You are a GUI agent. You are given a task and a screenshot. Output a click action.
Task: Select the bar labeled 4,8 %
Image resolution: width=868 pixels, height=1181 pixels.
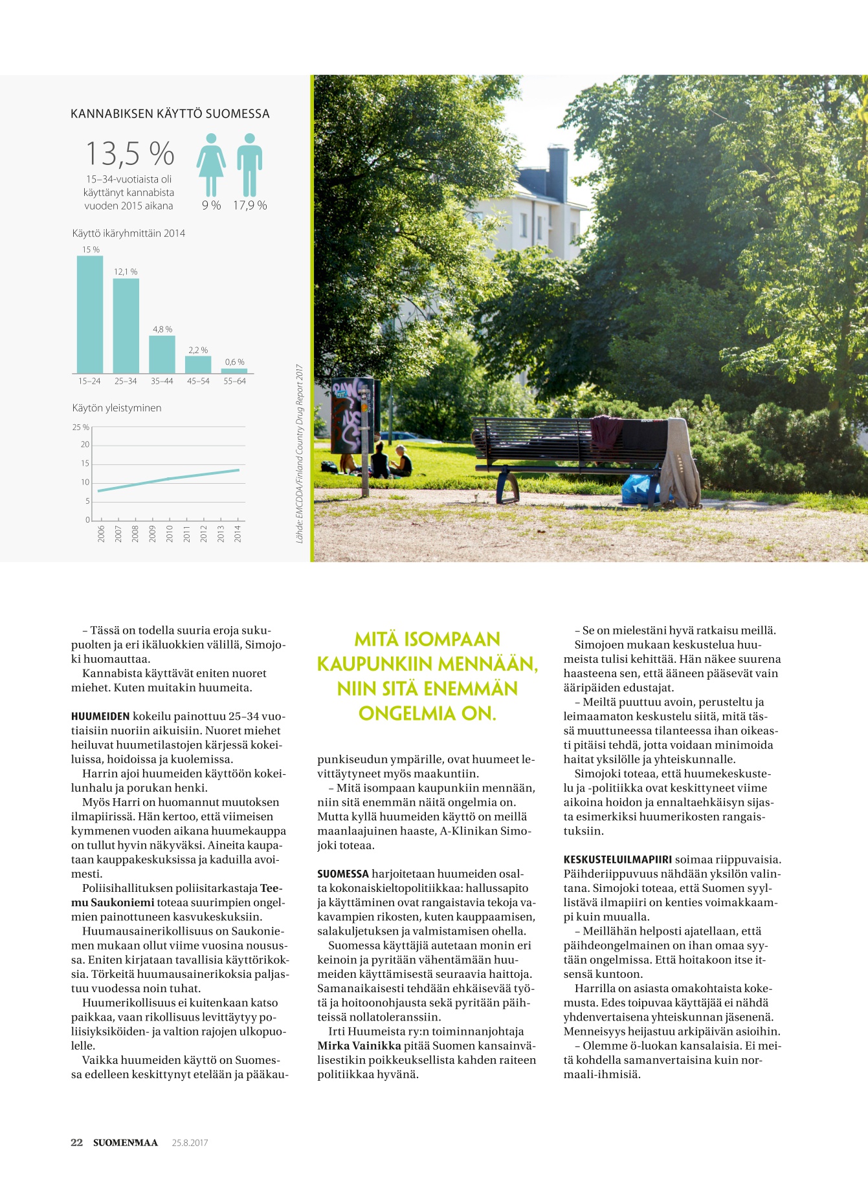click(x=162, y=354)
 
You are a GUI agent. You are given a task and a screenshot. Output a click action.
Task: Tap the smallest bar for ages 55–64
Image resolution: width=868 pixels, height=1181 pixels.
click(x=234, y=371)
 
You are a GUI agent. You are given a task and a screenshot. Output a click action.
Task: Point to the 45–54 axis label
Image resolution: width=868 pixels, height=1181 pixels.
click(x=198, y=382)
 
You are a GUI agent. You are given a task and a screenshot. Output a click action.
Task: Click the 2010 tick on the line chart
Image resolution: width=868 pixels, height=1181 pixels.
click(x=170, y=534)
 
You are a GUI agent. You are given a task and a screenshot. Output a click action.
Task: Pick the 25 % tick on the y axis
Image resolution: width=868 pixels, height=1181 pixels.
click(x=81, y=428)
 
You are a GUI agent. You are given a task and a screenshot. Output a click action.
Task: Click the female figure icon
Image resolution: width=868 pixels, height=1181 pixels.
click(x=211, y=164)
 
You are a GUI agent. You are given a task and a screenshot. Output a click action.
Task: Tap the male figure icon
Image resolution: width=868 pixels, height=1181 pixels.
click(x=249, y=164)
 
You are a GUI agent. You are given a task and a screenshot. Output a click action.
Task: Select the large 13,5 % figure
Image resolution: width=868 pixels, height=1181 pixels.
click(x=129, y=154)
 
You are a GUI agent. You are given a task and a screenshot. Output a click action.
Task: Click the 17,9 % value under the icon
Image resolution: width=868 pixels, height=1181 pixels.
click(x=250, y=206)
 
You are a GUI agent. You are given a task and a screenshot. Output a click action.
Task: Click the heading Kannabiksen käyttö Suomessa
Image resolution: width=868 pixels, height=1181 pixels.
click(x=170, y=114)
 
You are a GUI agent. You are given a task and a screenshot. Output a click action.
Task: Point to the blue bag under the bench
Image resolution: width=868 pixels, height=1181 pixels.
click(x=638, y=489)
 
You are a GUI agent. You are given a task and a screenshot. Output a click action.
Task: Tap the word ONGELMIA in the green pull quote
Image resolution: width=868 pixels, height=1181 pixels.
click(x=408, y=713)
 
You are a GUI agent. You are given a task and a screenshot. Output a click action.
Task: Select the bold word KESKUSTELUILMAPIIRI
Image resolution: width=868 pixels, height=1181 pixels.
click(x=618, y=860)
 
